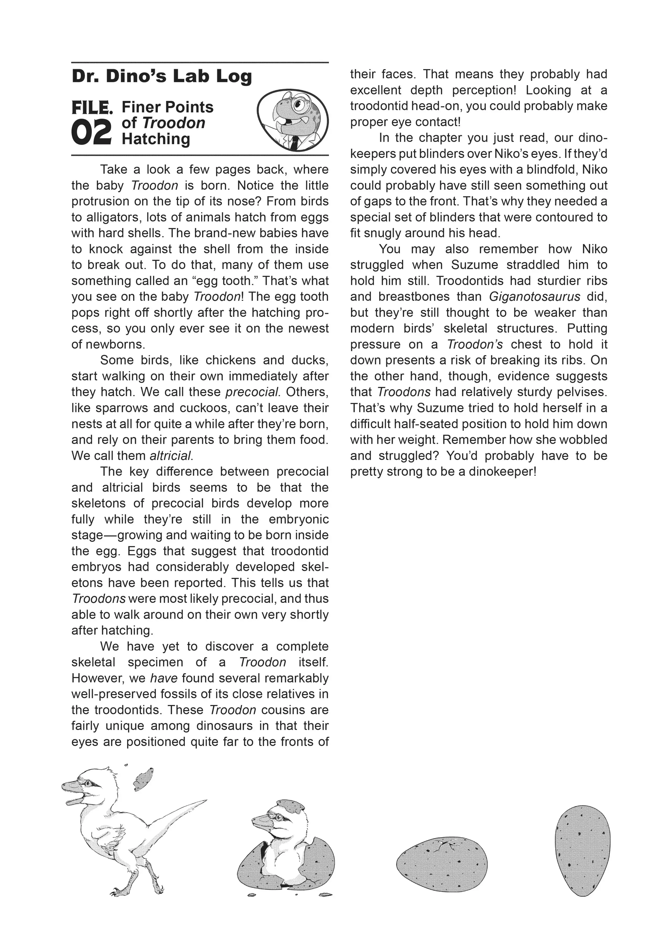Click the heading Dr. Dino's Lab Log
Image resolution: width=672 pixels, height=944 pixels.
161,77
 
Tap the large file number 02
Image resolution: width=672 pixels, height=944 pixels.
91,133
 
